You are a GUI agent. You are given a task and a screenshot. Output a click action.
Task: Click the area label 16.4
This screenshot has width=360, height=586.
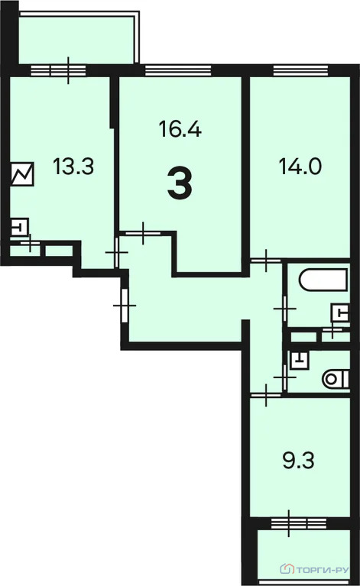point(180,129)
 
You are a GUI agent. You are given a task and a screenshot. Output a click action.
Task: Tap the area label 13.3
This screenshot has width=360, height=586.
point(73,167)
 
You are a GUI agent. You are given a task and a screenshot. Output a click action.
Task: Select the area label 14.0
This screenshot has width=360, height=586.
point(300,167)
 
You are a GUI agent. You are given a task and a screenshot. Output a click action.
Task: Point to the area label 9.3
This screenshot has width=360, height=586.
point(298,461)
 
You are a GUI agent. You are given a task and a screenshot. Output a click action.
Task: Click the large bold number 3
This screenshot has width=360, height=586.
point(180,184)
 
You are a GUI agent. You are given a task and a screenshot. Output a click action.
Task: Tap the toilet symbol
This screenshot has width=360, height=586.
point(336,379)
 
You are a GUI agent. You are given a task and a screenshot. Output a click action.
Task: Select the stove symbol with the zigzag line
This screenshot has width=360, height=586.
point(22,173)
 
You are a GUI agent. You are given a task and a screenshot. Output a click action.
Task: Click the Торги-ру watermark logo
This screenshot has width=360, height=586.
point(314,569)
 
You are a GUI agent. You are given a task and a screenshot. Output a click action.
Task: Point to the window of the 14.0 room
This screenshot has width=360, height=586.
point(300,70)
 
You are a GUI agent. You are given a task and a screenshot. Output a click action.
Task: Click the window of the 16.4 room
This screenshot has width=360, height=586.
point(178,70)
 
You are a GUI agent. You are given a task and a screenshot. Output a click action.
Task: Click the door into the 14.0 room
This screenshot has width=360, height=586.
point(266,260)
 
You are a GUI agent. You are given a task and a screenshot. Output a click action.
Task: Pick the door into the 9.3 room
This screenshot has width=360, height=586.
point(266,395)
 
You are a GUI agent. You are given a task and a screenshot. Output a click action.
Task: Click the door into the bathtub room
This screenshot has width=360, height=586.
point(285,309)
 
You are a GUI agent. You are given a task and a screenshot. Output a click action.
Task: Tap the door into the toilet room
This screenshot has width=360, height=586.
point(285,377)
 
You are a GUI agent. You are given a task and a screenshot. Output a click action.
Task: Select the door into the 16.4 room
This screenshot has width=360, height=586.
point(143,233)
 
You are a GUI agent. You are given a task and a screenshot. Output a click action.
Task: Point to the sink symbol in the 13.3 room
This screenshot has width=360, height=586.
point(20,227)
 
